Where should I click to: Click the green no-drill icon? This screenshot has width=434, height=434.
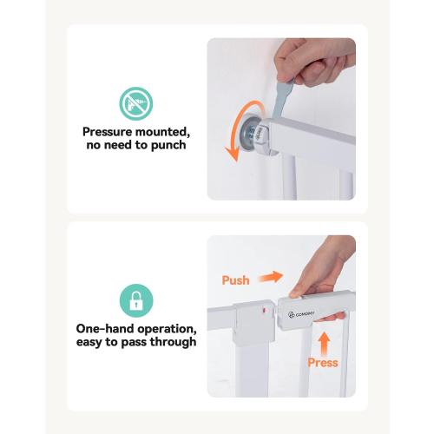[136, 103]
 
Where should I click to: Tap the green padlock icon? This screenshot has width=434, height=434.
[136, 300]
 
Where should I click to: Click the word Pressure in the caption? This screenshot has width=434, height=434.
[108, 132]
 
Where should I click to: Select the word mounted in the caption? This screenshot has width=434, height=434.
[163, 132]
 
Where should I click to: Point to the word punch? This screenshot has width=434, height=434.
[168, 145]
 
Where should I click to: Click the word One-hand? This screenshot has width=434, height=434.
[105, 329]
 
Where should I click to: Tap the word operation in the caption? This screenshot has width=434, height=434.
[167, 329]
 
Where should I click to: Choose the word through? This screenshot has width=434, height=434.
[173, 342]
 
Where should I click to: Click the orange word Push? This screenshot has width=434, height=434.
[235, 280]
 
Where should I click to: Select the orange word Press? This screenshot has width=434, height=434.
[323, 363]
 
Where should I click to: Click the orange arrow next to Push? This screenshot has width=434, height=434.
[271, 277]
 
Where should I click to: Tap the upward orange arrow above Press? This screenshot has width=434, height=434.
[325, 344]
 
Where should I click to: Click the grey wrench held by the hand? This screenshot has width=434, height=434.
[281, 98]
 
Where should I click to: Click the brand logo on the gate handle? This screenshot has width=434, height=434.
[301, 314]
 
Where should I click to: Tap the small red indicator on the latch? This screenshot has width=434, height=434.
[264, 311]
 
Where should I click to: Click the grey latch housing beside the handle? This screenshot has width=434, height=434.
[254, 323]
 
